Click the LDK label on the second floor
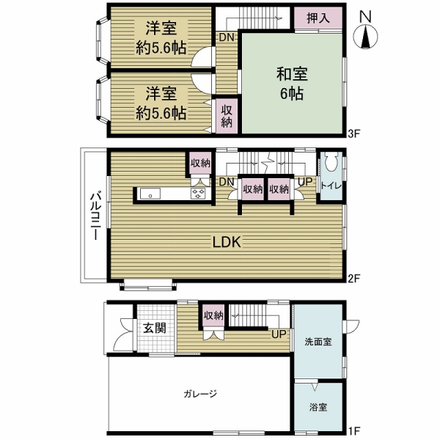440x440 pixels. coord(227,243)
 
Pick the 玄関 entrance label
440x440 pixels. coord(153,327)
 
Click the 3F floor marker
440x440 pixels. coord(354,134)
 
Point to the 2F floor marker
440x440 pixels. coord(354,278)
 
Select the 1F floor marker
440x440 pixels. coord(354,433)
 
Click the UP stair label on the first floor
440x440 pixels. coord(279,335)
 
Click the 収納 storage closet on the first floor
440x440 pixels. coord(213,316)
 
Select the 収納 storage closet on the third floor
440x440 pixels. coord(226,116)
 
